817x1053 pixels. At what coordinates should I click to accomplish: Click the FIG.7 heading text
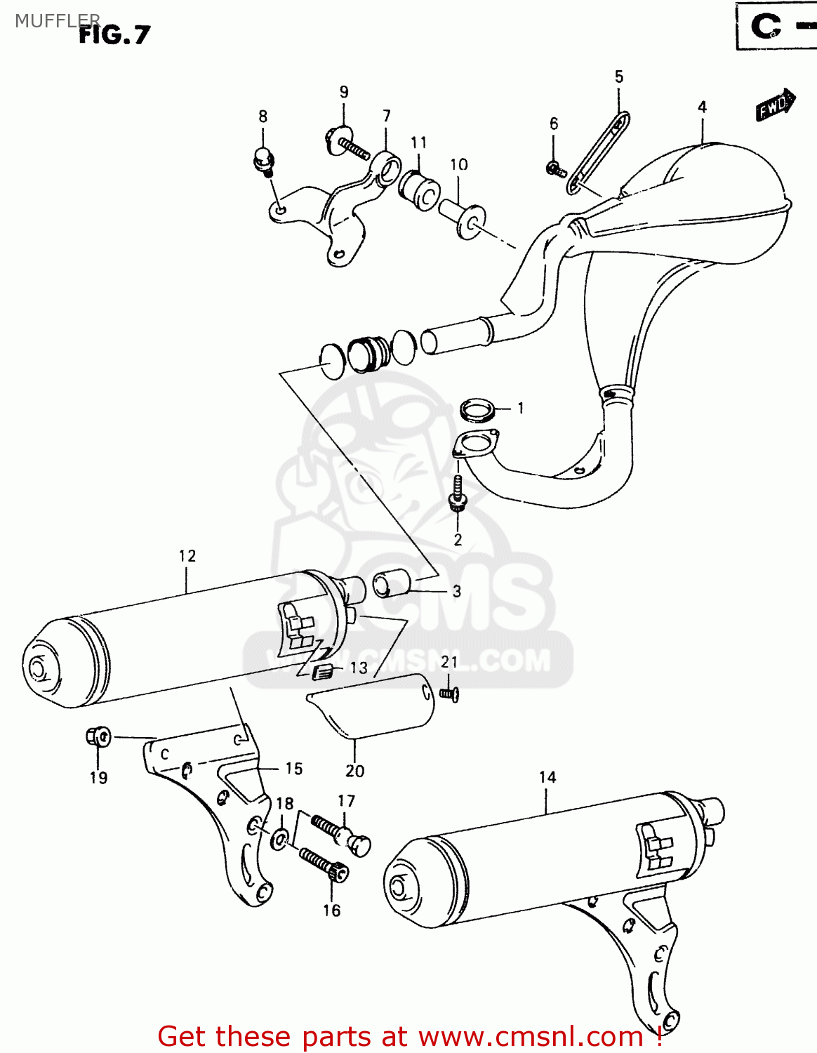coord(114,34)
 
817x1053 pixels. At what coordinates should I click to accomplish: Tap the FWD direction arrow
coord(775,105)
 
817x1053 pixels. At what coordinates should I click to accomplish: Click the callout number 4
coord(702,107)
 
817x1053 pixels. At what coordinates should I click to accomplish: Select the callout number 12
coord(187,556)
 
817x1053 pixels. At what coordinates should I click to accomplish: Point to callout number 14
coord(547,777)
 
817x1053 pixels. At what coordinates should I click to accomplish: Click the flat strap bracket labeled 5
coord(598,152)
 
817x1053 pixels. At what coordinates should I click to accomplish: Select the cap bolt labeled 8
coord(263,159)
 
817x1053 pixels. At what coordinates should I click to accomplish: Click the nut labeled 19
coord(98,737)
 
